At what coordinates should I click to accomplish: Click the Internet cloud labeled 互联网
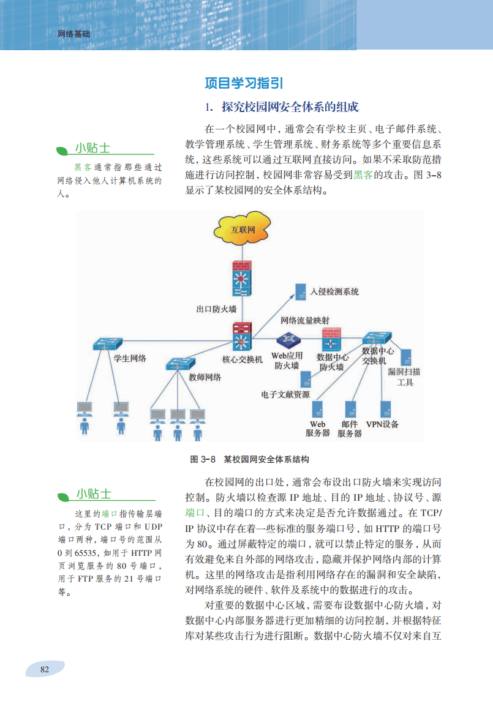click(242, 230)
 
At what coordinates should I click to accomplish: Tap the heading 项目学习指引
click(243, 83)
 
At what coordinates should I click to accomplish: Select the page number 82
click(44, 669)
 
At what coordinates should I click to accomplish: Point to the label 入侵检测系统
click(334, 291)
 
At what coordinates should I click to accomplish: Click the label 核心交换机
click(242, 360)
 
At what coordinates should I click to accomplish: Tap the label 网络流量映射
click(305, 320)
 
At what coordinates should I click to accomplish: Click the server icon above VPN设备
click(386, 408)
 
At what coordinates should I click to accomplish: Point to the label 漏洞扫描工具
click(404, 377)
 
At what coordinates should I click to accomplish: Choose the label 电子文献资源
click(285, 394)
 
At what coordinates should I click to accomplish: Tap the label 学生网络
click(130, 359)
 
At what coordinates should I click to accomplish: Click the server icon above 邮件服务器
click(350, 408)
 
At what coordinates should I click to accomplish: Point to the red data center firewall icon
click(331, 342)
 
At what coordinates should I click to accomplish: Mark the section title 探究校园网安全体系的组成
click(290, 108)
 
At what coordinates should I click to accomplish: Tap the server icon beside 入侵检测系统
click(301, 291)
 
